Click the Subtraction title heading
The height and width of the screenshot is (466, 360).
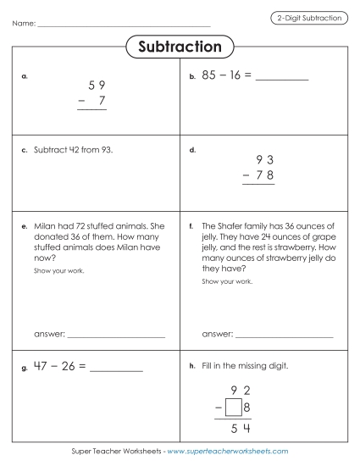(180, 47)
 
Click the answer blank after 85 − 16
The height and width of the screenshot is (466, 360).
(282, 79)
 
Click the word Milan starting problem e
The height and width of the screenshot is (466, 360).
(46, 227)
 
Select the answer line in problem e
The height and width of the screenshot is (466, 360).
(116, 336)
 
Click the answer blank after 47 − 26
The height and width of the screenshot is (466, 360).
(116, 371)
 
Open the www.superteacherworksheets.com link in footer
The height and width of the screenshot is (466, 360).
(228, 452)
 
